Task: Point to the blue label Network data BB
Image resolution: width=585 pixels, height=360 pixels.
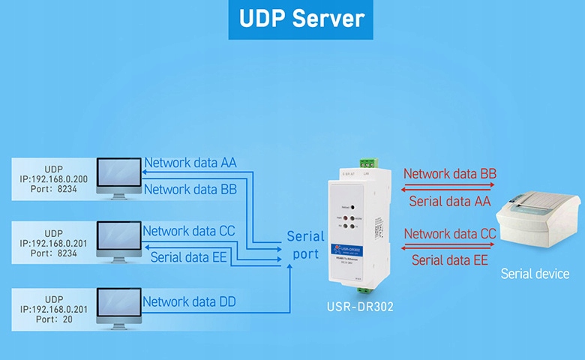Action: point(190,190)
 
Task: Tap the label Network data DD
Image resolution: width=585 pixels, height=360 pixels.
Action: point(190,301)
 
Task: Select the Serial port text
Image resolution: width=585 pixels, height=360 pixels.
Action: point(306,245)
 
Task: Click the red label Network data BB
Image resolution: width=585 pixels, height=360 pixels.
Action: point(450,174)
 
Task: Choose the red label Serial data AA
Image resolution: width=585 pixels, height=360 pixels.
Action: point(450,201)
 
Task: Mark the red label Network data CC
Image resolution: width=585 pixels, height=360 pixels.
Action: point(450,233)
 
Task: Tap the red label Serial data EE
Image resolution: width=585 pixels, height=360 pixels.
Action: point(450,260)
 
